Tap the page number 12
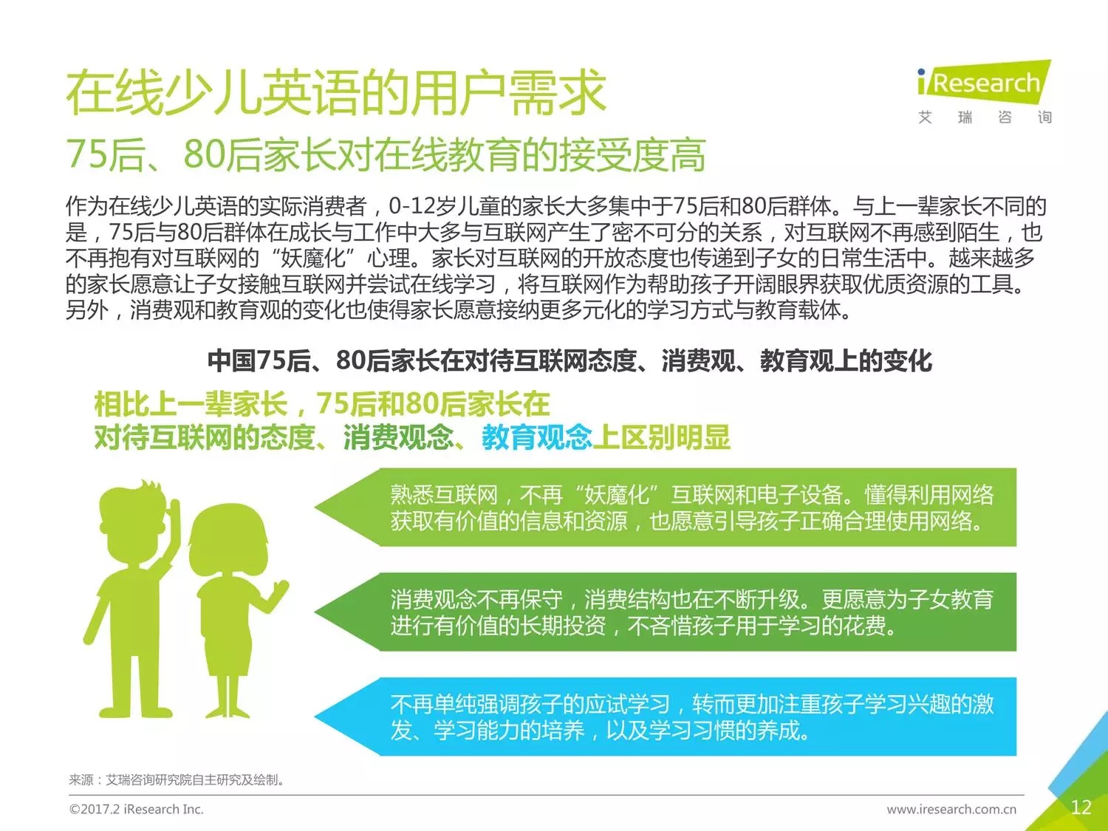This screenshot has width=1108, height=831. [x=1081, y=807]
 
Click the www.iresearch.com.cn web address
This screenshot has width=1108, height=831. [x=951, y=810]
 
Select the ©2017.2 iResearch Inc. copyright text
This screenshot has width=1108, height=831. [x=137, y=810]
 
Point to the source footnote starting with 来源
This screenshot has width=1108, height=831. [x=177, y=780]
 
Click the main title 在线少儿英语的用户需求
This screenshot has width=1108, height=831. [x=336, y=93]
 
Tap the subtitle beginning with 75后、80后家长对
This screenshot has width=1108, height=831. [x=386, y=154]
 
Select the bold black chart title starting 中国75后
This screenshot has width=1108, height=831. [x=570, y=360]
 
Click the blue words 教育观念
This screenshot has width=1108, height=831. [x=536, y=437]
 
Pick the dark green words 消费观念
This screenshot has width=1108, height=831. [x=398, y=437]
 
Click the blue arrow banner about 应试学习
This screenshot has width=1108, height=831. [x=666, y=717]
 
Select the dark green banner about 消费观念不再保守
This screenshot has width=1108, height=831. [x=666, y=612]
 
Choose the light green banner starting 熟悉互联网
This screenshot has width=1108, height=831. [x=666, y=507]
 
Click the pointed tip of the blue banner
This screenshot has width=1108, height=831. [x=315, y=717]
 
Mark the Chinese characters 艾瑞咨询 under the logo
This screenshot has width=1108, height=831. [x=985, y=117]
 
